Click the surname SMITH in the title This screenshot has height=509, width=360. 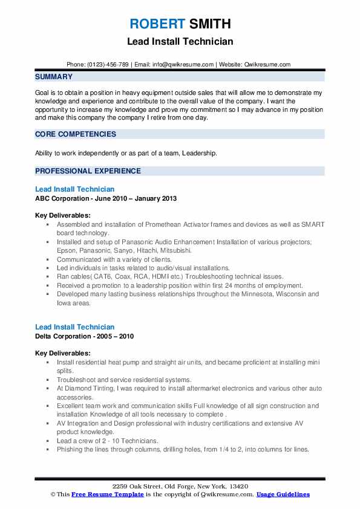point(209,24)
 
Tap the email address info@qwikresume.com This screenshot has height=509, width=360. point(185,64)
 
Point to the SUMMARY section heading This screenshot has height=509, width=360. point(54,77)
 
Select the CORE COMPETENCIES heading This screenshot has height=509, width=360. point(76,134)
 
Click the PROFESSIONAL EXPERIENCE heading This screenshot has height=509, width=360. point(88,171)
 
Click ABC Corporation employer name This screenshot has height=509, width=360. point(65,198)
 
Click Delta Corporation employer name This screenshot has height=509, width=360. point(66,336)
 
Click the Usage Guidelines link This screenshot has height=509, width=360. point(283,494)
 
